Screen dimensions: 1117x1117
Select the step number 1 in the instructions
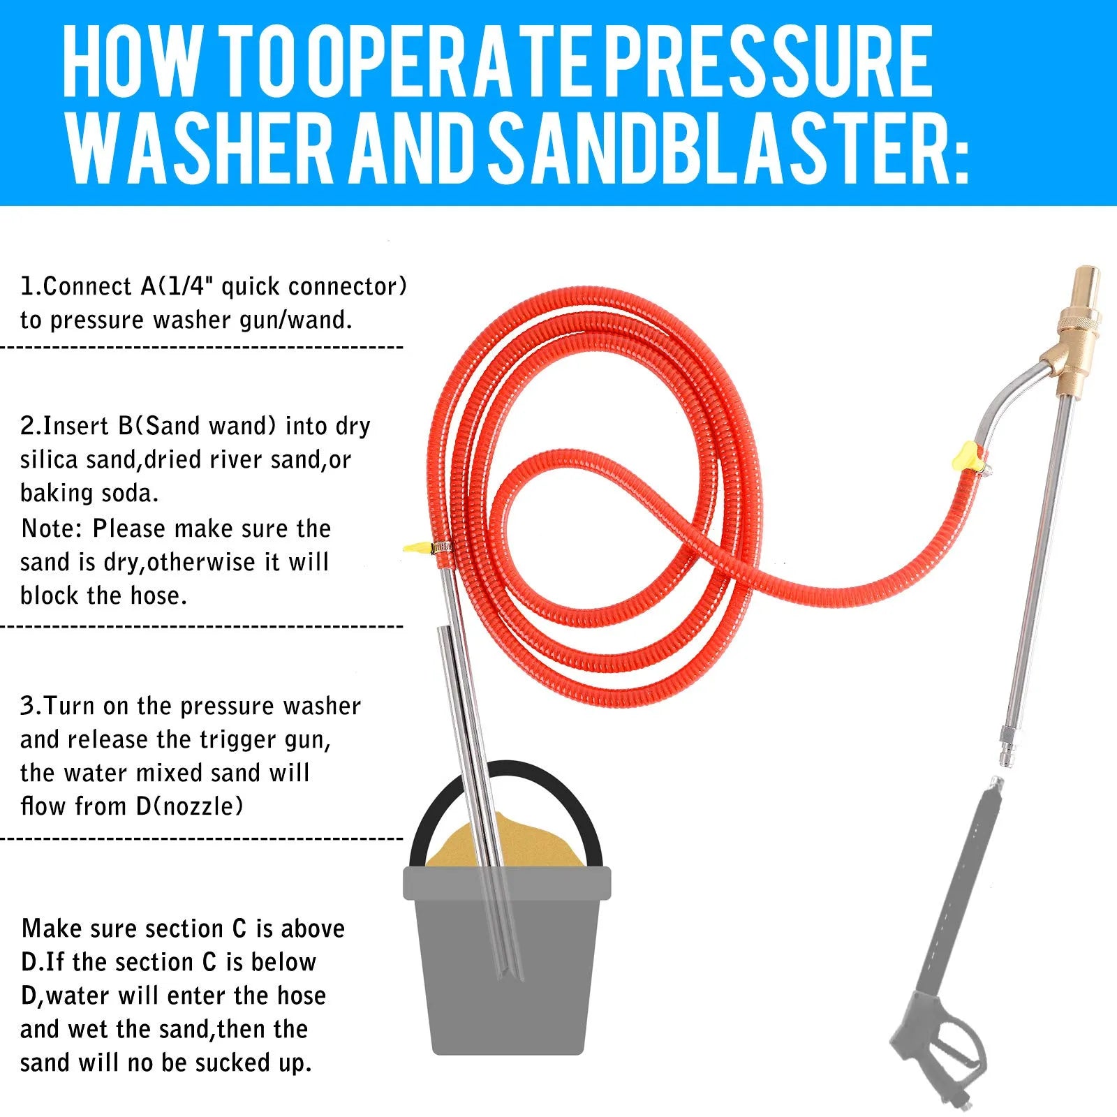coord(28,286)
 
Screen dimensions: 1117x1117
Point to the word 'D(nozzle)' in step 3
coord(189,806)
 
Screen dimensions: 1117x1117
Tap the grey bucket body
coord(508,977)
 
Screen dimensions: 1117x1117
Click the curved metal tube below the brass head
coord(1005,405)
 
